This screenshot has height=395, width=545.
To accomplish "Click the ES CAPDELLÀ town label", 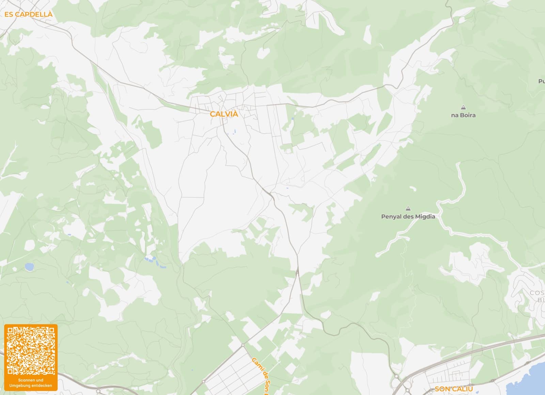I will [29, 14].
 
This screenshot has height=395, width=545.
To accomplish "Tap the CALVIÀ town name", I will [224, 114].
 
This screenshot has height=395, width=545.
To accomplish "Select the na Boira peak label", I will [463, 115].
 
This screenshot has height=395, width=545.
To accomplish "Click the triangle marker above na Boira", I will [463, 107].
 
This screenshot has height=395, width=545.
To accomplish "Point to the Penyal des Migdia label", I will [408, 216].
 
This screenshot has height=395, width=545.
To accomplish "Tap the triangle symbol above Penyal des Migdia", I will [408, 209].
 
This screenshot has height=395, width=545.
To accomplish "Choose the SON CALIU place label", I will [453, 389].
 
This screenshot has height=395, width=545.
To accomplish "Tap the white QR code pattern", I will [31, 351].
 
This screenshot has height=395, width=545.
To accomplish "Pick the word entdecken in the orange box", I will [42, 385].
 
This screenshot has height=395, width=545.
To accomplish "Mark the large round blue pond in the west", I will [29, 266].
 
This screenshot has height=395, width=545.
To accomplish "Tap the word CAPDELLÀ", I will [34, 14].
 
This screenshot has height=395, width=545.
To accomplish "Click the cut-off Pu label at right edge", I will [541, 81].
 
